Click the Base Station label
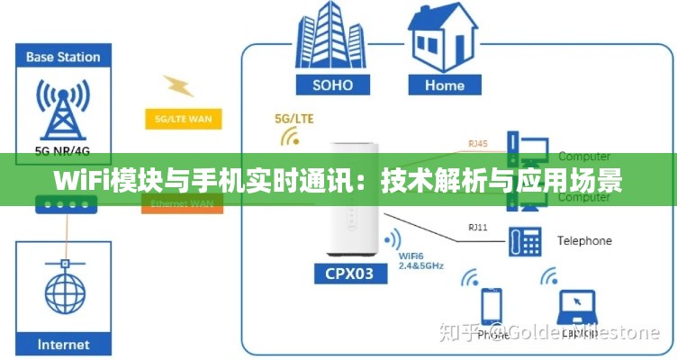[x=63, y=57]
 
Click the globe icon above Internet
[x=63, y=292]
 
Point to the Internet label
[x=63, y=345]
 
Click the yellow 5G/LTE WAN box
[x=183, y=119]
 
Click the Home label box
[x=444, y=85]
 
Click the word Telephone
[x=584, y=240]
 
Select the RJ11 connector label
[x=477, y=228]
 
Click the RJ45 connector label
[x=477, y=143]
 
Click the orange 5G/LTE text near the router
[x=293, y=118]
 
